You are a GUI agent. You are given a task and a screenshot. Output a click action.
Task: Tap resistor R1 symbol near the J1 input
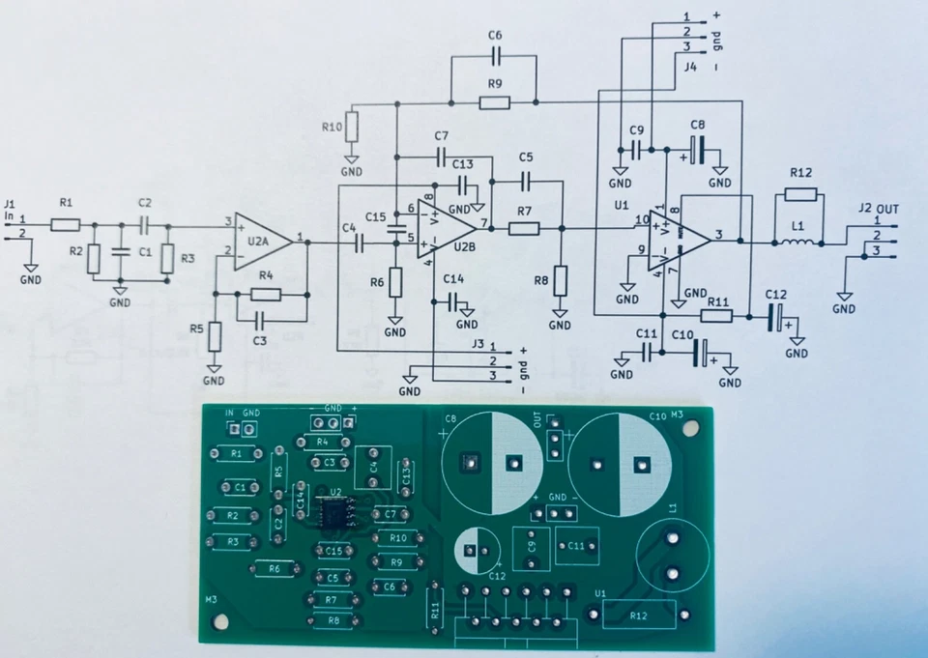pyautogui.click(x=66, y=224)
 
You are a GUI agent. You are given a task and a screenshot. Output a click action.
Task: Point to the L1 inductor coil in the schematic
pyautogui.click(x=798, y=242)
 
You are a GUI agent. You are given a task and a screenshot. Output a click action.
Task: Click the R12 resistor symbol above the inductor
pyautogui.click(x=801, y=194)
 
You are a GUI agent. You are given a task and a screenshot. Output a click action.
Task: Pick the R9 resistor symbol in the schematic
pyautogui.click(x=495, y=100)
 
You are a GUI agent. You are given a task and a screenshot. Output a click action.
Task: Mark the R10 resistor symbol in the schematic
pyautogui.click(x=352, y=126)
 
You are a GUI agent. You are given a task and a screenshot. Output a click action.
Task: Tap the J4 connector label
pyautogui.click(x=690, y=67)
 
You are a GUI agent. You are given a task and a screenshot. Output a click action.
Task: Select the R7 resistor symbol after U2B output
pyautogui.click(x=524, y=228)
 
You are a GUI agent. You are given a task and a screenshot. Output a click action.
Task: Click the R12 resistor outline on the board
pyautogui.click(x=639, y=614)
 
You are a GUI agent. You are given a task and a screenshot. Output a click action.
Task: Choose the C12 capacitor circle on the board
pyautogui.click(x=477, y=551)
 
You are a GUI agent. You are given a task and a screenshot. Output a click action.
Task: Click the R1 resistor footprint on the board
pyautogui.click(x=235, y=453)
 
